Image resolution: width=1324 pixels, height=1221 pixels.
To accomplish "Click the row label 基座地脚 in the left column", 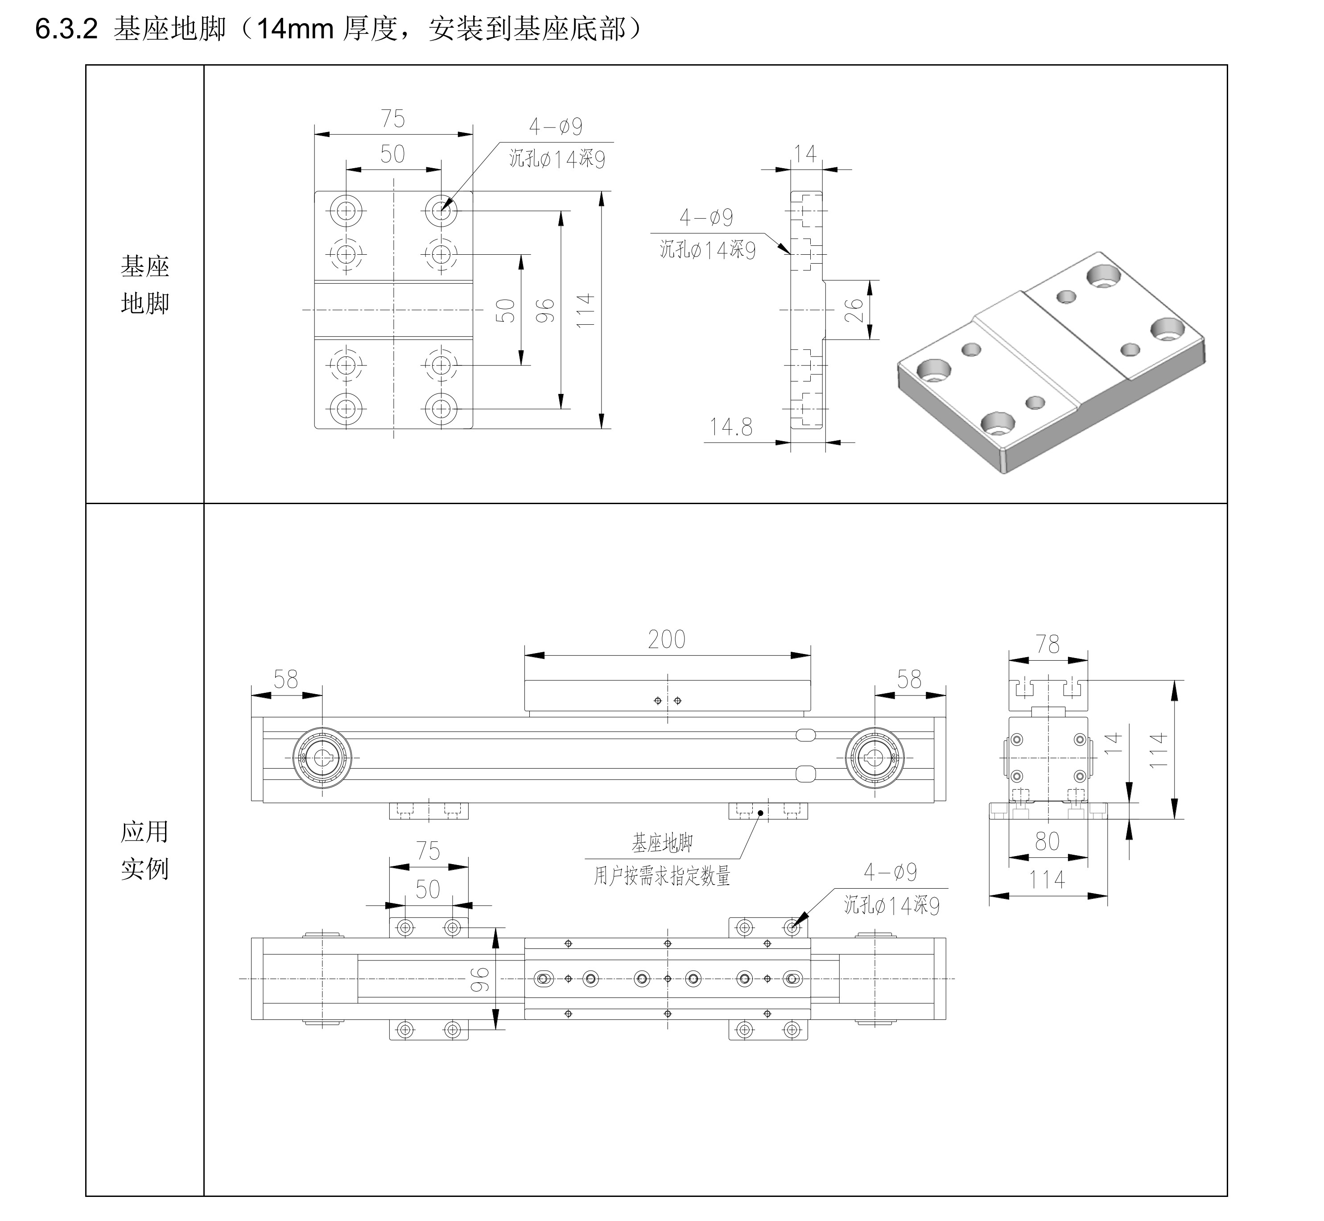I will (144, 285).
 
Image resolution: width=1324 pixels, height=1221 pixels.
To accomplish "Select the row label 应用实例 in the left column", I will (144, 850).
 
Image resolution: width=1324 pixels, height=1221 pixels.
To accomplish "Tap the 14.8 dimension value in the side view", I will (730, 427).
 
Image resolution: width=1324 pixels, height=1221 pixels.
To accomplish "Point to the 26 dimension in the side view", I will (854, 310).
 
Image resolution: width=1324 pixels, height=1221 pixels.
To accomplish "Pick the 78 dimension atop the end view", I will (1048, 644).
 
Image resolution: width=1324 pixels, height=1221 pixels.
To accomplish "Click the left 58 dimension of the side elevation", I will (286, 679).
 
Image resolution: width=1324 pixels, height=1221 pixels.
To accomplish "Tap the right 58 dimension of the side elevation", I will (909, 679).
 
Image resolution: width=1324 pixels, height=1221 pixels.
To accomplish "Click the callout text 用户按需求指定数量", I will (662, 876).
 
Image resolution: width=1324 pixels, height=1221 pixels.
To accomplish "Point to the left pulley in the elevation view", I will (322, 758).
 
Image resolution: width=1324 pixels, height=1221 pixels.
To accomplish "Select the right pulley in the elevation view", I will (875, 758).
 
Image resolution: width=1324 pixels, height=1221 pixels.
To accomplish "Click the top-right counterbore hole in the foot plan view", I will (441, 211).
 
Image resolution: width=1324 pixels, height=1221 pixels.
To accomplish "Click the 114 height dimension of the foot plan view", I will (585, 310).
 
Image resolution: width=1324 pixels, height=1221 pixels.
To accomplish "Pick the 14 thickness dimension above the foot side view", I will (805, 154).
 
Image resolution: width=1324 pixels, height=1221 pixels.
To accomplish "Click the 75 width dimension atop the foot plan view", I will (392, 119).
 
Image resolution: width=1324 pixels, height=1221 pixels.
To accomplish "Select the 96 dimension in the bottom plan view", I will (480, 980).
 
